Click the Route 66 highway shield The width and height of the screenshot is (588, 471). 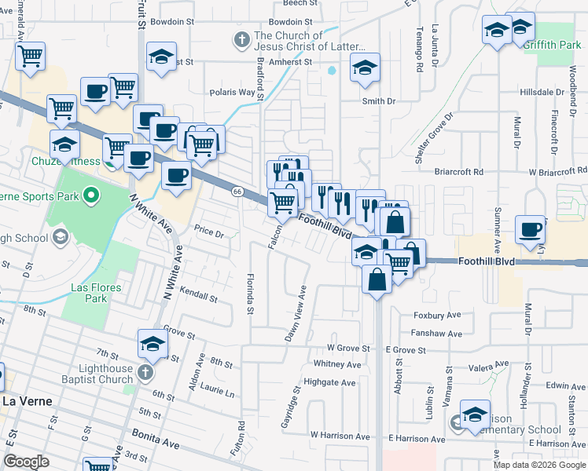[x=237, y=191]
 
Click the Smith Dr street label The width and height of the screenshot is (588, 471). [x=378, y=101]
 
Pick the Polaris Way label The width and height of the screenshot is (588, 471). [x=233, y=92]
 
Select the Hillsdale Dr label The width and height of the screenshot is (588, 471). [x=542, y=92]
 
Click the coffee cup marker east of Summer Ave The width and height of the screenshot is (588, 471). [x=531, y=229]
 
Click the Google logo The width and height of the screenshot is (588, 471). [x=26, y=462]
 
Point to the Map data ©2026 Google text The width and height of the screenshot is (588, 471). [x=538, y=465]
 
